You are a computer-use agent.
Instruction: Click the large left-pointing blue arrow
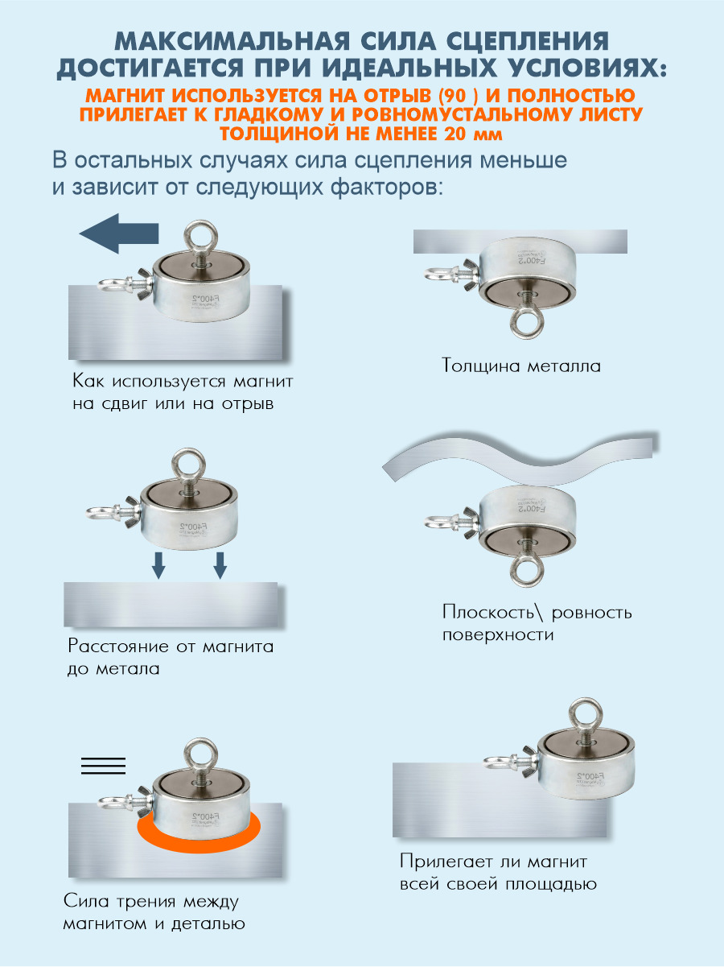[x=119, y=233]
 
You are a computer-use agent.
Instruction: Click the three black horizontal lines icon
[x=104, y=766]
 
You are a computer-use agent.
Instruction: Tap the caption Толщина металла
[x=521, y=366]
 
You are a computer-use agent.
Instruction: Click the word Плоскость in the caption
[x=487, y=613]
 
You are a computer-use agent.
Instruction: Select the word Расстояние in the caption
[x=118, y=647]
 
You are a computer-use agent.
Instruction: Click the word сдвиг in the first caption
[x=125, y=403]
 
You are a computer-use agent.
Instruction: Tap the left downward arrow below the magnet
[x=158, y=565]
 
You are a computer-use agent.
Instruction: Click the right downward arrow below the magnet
[x=220, y=565]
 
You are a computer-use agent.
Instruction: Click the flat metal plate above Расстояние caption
[x=171, y=605]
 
